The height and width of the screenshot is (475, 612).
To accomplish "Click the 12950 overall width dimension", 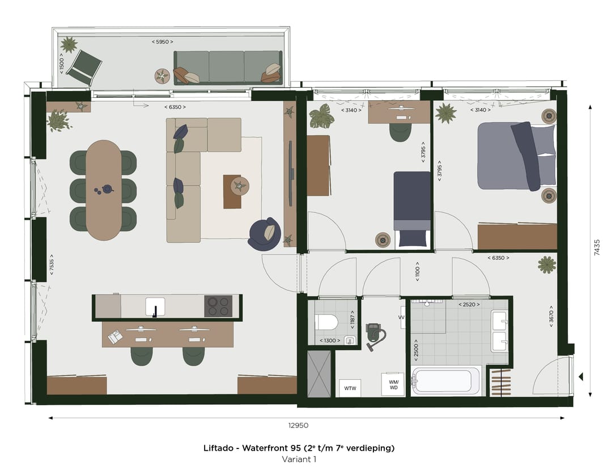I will [x=298, y=425].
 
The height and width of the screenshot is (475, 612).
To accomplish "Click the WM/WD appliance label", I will [x=393, y=384].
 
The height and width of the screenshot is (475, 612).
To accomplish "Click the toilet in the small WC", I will [x=326, y=323].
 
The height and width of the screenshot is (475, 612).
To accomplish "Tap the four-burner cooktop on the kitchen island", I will [x=218, y=307].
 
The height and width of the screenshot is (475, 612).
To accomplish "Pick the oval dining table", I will [x=104, y=190].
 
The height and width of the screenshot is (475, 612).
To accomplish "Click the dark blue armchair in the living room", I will [x=265, y=234].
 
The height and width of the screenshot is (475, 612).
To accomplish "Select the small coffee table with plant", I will [x=236, y=191].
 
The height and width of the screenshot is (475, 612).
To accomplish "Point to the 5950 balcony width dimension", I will [x=163, y=42].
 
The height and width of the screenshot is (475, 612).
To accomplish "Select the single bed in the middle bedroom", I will [x=412, y=209].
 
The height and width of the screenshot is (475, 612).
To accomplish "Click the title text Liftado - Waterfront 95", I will [x=299, y=448].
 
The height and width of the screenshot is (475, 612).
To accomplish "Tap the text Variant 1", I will [x=299, y=459].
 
